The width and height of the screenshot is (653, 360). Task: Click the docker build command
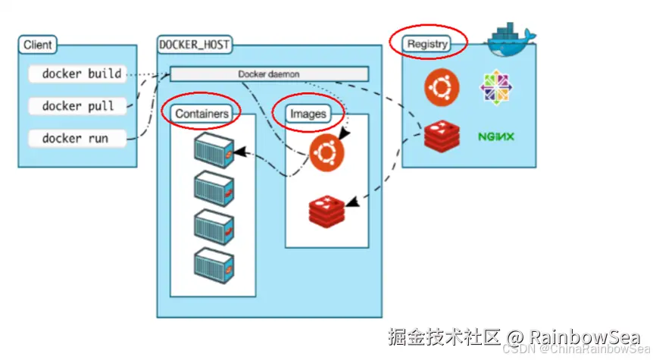click(x=77, y=74)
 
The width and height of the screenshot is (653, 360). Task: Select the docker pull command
click(x=77, y=106)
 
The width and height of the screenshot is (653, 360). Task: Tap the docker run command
click(x=77, y=139)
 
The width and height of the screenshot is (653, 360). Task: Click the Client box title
click(x=37, y=45)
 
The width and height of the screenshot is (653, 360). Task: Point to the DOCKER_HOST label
click(x=195, y=45)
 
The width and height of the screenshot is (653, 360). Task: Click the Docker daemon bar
click(x=269, y=74)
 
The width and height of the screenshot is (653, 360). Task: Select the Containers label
click(x=202, y=114)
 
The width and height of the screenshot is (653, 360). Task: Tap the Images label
click(x=308, y=114)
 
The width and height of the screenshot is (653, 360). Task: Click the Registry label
click(x=426, y=44)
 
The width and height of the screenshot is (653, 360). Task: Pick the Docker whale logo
click(x=510, y=39)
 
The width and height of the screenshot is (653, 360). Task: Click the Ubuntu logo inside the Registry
click(x=442, y=87)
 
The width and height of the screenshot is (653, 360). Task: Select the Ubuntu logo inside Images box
click(x=327, y=152)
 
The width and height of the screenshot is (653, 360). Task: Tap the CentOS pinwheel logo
click(x=496, y=87)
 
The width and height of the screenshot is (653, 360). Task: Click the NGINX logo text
click(x=496, y=136)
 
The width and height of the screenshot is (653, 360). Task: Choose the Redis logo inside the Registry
click(x=442, y=136)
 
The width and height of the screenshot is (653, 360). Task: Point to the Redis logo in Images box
click(x=327, y=211)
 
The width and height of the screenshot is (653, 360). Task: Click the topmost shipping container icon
click(x=214, y=150)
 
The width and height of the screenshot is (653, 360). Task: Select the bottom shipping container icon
click(x=214, y=266)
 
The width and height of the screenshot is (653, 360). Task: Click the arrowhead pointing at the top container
click(x=239, y=152)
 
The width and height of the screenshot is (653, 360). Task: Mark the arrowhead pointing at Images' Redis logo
click(x=352, y=202)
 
